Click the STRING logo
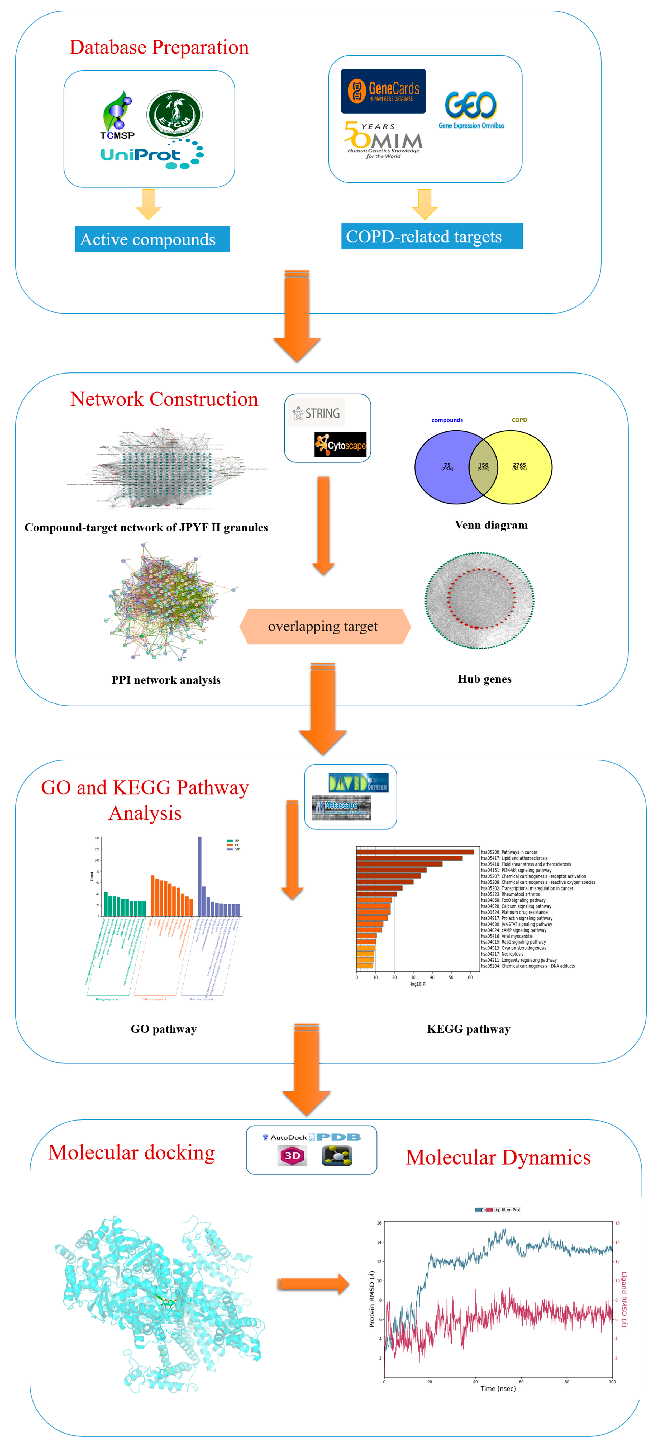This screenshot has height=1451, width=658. point(316,413)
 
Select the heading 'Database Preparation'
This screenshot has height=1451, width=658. point(159,47)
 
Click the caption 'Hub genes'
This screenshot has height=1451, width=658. point(484,679)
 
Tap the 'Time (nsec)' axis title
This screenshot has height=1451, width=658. point(498,1388)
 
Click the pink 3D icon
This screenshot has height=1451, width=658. point(292,1156)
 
